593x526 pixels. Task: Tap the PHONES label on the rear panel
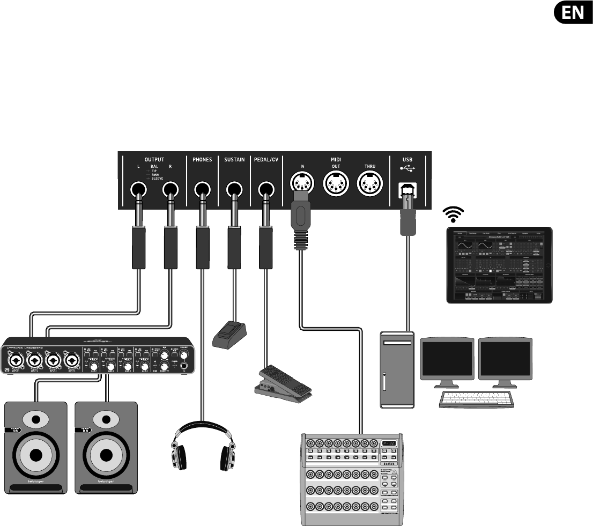point(202,159)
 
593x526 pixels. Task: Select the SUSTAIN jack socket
point(234,189)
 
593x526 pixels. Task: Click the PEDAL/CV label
point(266,159)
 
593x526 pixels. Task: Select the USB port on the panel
point(407,190)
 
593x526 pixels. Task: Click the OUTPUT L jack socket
point(139,190)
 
